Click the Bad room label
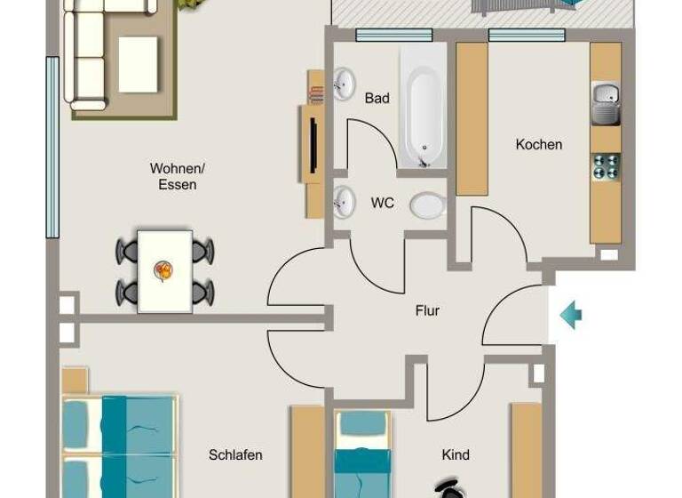pos(377,98)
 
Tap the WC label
pos(383,204)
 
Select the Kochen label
pos(539,144)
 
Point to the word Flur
pos(427,310)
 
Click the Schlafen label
pos(235,455)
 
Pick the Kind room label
pos(456,455)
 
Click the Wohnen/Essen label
pos(178,176)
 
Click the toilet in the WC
pos(428,206)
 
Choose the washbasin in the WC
pos(343,204)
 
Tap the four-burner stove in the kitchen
pos(606,167)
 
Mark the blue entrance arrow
pos(571,314)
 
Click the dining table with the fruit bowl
pos(164,270)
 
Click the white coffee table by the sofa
pos(138,64)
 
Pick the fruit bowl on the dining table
pos(163,269)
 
